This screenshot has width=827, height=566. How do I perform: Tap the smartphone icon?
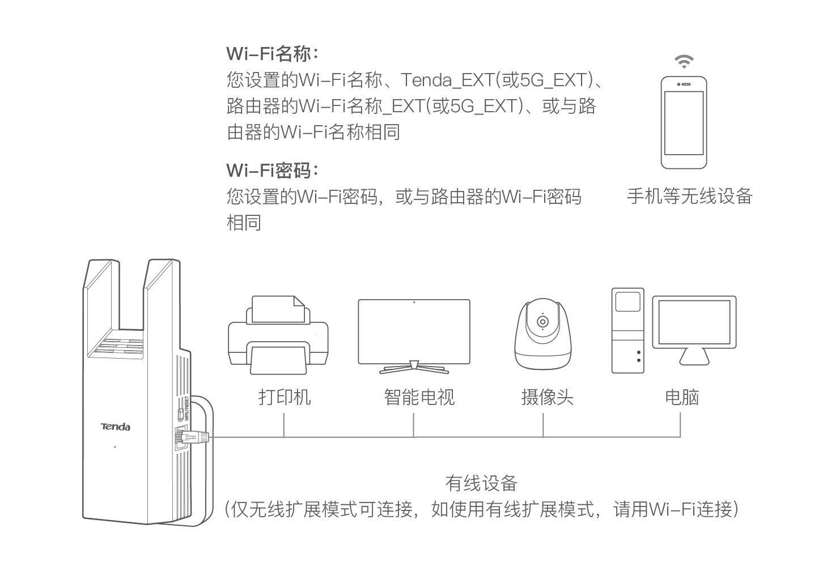(x=684, y=122)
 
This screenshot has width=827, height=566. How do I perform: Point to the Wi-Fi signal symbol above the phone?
(x=684, y=62)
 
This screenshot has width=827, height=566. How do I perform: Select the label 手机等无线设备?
(x=689, y=196)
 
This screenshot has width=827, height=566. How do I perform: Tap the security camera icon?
(x=542, y=334)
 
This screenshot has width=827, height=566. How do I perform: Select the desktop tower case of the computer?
(x=627, y=330)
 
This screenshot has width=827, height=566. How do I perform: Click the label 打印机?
(x=285, y=397)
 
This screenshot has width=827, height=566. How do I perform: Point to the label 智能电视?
(x=419, y=397)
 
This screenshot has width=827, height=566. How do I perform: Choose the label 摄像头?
(x=547, y=397)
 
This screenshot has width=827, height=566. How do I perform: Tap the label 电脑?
(x=681, y=397)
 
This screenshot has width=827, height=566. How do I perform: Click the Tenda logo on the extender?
(x=115, y=427)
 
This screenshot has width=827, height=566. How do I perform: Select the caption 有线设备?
(x=481, y=483)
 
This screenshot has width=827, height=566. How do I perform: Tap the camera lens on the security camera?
(x=542, y=322)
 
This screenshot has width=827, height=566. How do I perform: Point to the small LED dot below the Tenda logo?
(x=115, y=447)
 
